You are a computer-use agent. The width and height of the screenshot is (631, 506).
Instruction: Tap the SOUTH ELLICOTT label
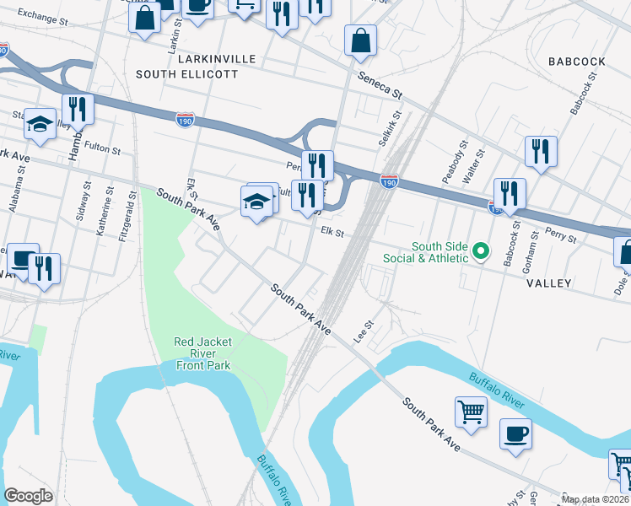click(186, 75)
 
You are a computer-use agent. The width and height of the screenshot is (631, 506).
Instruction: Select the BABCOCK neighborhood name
click(576, 62)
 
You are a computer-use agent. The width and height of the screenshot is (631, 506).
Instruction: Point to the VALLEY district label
click(549, 284)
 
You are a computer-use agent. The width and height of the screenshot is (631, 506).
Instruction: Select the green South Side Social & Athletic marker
click(481, 250)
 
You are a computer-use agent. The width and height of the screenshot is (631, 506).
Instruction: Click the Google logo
click(29, 495)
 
